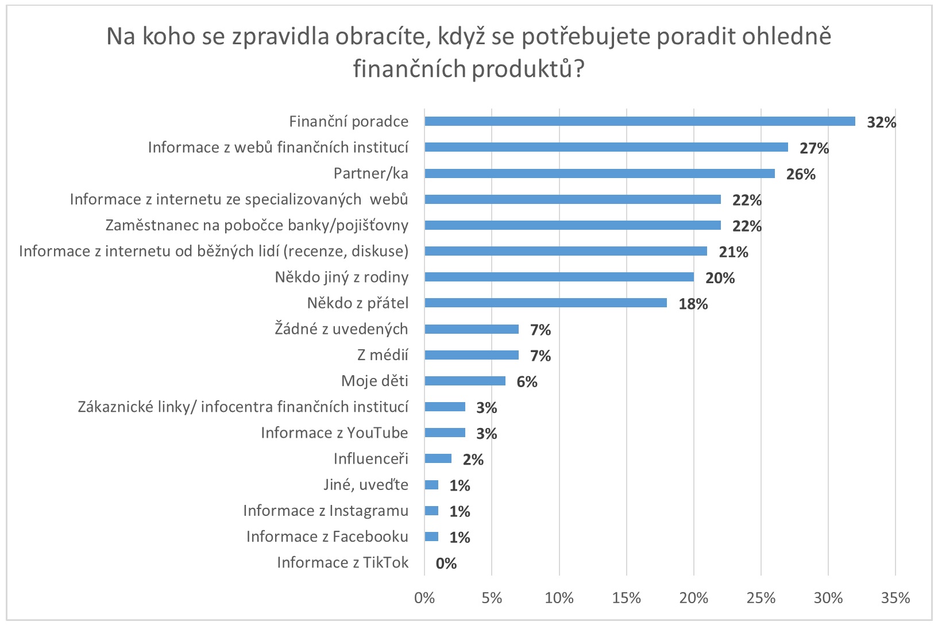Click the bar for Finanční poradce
click(639, 121)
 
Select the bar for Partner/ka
click(599, 173)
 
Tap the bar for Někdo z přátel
click(545, 303)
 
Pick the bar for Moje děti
click(465, 381)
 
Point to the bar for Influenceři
click(438, 458)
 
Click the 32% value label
click(881, 122)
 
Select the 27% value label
click(814, 148)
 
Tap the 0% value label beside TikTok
click(446, 564)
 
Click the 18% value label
click(693, 304)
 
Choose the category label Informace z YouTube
click(334, 433)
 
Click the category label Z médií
click(383, 355)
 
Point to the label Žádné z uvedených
click(341, 329)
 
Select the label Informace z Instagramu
click(326, 511)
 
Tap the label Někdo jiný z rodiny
click(341, 277)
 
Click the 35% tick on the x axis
click(895, 598)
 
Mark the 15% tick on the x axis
click(626, 598)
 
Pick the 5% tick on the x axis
click(492, 598)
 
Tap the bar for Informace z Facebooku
click(431, 537)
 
